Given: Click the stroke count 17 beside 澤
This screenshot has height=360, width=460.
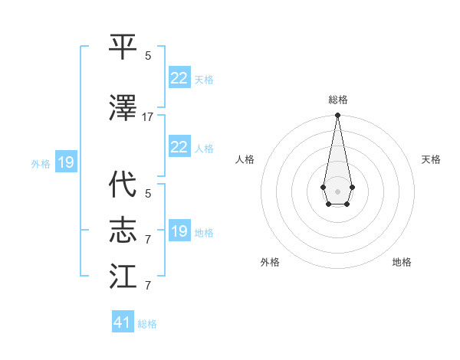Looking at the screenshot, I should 148,117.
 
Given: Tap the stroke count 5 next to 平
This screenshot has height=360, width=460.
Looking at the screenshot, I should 148,56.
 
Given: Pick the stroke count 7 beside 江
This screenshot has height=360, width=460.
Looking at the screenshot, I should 148,286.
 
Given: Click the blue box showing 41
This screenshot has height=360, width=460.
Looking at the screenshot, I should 123,322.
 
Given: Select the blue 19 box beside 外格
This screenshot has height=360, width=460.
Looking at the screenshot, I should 65,162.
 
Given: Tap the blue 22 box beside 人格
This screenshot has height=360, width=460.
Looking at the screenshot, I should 179,147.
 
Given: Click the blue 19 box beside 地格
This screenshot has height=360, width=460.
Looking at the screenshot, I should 179,231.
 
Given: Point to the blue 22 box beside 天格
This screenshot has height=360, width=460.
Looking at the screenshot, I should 179,77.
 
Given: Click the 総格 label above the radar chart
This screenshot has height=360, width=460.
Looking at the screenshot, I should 337,100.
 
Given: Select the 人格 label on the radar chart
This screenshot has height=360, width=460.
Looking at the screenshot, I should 245,159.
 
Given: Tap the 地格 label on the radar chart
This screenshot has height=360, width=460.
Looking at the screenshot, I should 402,263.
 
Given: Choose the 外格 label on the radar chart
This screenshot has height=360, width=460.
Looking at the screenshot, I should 270,263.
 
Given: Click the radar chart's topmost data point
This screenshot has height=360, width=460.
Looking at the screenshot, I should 337,116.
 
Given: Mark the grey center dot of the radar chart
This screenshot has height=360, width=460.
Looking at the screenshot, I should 337,190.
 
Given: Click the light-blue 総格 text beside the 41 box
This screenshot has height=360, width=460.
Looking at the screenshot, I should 147,324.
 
